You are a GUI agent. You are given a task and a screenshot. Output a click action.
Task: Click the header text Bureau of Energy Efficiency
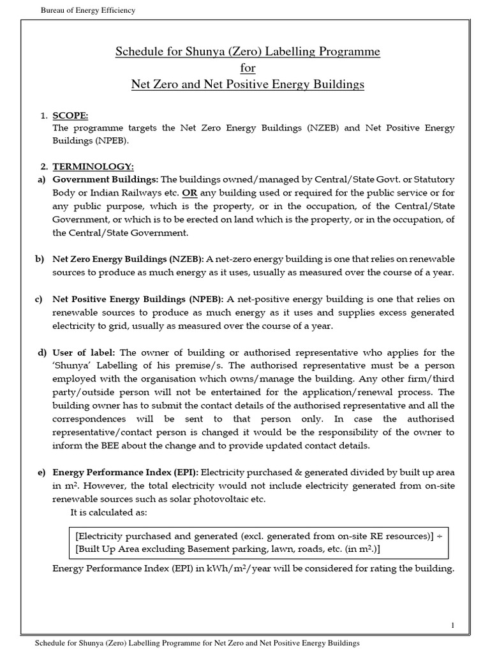click(x=87, y=10)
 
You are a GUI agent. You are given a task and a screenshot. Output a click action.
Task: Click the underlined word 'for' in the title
click(x=248, y=67)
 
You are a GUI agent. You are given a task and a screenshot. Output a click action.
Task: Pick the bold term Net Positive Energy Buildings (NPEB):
click(x=138, y=299)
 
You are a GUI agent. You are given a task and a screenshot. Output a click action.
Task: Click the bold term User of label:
click(x=85, y=353)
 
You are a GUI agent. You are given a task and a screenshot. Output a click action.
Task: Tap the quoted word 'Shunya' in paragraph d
click(x=68, y=366)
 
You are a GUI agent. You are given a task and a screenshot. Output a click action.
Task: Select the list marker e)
click(x=40, y=472)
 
